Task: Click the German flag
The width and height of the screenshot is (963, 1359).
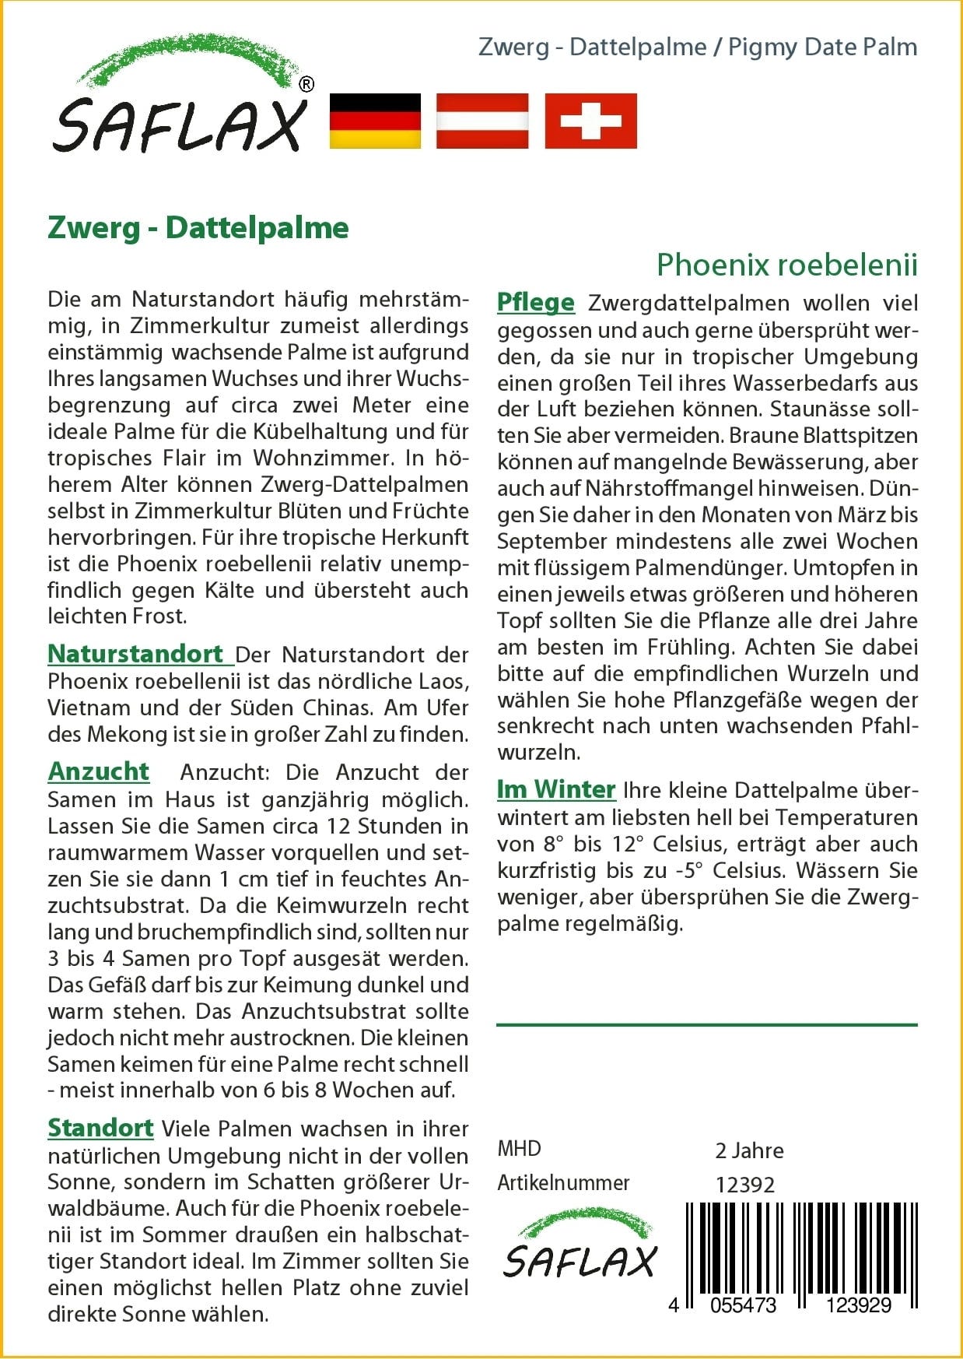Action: click(x=375, y=121)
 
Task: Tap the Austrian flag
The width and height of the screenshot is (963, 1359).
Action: click(x=482, y=121)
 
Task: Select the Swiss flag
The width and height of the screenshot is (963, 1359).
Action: click(x=590, y=121)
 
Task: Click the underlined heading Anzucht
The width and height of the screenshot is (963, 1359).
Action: click(x=99, y=771)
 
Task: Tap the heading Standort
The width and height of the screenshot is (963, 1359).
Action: click(x=100, y=1128)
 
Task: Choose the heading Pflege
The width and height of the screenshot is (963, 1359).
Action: click(x=536, y=302)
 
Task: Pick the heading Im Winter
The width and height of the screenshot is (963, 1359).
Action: click(x=556, y=789)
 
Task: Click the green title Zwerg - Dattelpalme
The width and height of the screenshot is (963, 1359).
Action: click(x=198, y=227)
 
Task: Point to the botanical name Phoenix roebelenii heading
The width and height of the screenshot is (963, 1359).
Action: click(x=786, y=265)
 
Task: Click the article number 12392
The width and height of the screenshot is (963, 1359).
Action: click(x=745, y=1185)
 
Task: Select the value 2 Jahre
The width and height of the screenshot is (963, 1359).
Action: click(x=749, y=1150)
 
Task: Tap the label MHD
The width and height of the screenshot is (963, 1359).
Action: click(x=519, y=1149)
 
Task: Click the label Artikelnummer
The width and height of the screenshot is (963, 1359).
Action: click(x=563, y=1183)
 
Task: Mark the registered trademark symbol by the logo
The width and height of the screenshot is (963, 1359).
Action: click(x=306, y=84)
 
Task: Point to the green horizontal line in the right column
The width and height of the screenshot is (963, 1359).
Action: click(x=706, y=1025)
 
